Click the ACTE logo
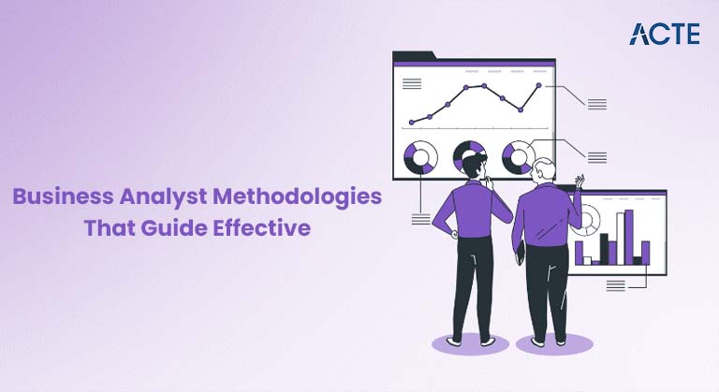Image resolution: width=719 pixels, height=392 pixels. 665,34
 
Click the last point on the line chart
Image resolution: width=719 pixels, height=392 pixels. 538,86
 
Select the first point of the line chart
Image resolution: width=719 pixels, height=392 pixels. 412,122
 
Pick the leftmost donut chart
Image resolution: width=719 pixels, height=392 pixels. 420,157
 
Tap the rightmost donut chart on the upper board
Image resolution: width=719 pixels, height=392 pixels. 518,157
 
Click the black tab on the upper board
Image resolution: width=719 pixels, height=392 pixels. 412,56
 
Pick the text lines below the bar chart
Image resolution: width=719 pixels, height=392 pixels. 616,284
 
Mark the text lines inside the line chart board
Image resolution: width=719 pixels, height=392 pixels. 411,84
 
